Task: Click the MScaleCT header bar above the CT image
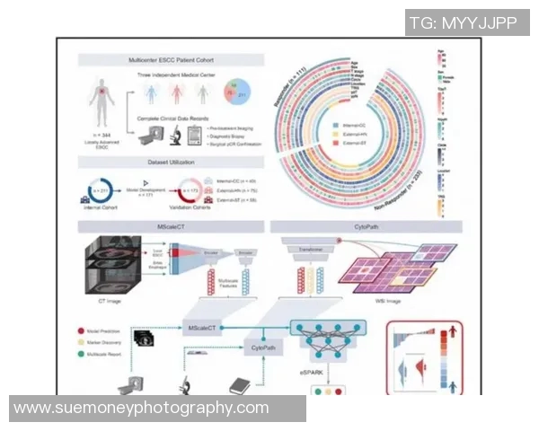pos(171,226)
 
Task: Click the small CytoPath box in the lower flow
pos(262,346)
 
